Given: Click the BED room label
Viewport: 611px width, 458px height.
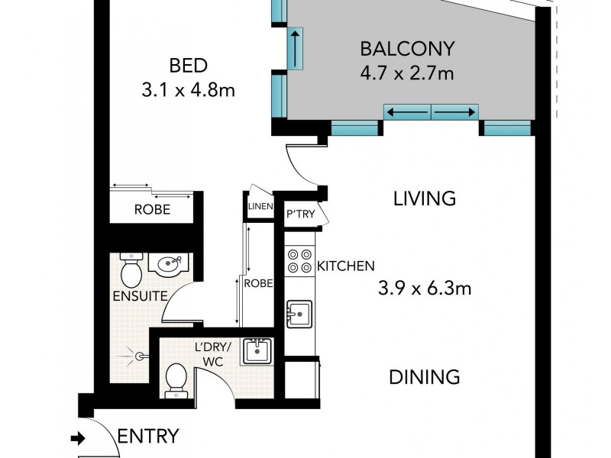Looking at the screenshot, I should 187,64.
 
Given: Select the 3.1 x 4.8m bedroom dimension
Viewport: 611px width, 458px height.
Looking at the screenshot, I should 187,90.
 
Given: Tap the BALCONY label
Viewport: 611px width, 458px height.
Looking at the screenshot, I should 407,50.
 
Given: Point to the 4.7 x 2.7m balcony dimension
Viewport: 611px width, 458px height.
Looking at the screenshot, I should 407,74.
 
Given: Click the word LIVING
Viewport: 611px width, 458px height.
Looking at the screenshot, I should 425,199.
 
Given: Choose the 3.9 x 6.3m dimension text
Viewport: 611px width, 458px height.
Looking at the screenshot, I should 425,289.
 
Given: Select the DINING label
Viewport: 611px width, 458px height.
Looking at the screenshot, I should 424,376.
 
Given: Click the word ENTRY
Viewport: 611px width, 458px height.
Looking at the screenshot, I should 148,437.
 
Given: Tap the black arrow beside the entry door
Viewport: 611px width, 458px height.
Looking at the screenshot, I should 78,438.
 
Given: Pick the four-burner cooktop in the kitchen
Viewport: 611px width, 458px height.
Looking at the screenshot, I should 299,262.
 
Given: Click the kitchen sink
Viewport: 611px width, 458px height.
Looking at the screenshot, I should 299,313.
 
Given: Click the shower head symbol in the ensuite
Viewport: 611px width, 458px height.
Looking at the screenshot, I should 138,355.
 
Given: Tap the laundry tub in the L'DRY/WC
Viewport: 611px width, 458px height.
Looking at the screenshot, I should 257,352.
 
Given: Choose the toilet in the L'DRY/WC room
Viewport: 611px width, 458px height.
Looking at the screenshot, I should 175,379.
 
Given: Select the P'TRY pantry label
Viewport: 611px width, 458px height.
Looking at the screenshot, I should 296,214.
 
